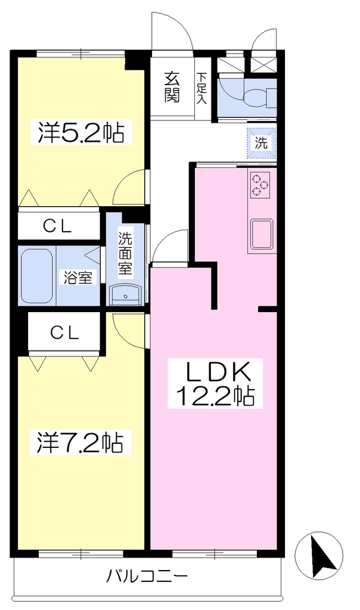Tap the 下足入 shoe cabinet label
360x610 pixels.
click(x=201, y=88)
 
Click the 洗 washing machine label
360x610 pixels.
click(x=262, y=142)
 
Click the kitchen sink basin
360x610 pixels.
click(x=262, y=234)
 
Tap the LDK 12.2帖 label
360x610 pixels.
click(x=215, y=384)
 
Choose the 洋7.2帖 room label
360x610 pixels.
click(x=80, y=443)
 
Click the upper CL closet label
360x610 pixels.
click(x=58, y=226)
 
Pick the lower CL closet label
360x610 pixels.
click(x=64, y=332)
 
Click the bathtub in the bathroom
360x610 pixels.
click(x=36, y=276)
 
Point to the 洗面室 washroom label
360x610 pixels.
click(x=125, y=253)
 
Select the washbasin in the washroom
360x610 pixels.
click(x=125, y=294)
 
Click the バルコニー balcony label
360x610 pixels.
click(x=147, y=575)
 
